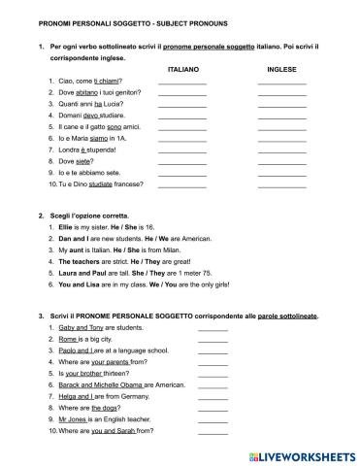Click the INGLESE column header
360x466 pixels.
tap(281, 70)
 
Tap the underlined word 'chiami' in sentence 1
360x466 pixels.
tap(106, 83)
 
